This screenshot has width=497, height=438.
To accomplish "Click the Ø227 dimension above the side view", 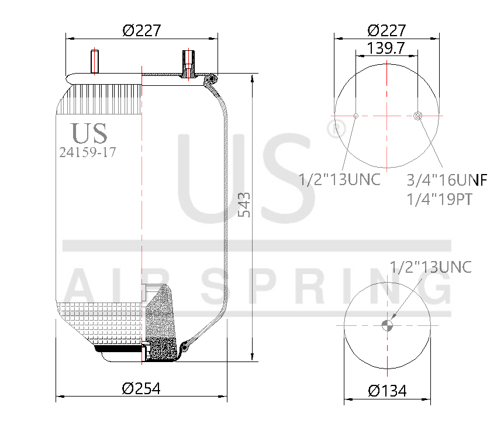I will coord(141,30).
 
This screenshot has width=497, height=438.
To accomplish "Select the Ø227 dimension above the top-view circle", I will coord(386,30).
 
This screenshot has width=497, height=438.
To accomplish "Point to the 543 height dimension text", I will coord(246,205).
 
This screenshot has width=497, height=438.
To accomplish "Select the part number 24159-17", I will coord(88,152).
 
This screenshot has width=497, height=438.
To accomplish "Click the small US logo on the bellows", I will coord(89,133).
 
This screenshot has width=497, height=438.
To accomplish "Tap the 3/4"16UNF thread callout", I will coord(447,179).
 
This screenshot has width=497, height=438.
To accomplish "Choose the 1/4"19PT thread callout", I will coord(439,199).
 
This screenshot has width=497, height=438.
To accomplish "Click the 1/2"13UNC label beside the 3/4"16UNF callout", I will coord(340,179).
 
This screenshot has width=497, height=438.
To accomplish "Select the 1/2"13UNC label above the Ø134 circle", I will coord(430,267).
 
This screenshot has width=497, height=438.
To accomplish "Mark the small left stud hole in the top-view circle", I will coord(356,116).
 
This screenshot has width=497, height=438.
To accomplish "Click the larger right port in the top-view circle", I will coord(417,116).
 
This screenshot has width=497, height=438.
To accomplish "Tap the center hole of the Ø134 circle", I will coord(387,325).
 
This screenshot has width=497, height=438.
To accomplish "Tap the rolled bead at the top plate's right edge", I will coord(211,78).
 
